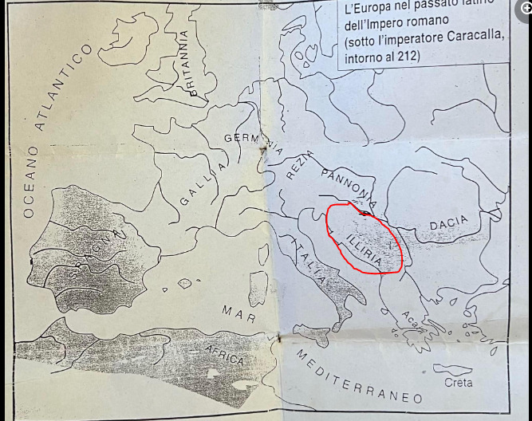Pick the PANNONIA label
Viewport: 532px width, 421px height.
tap(349, 184)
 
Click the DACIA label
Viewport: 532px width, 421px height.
tap(448, 226)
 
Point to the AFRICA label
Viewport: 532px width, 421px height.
tap(224, 354)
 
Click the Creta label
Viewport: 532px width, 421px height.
tap(458, 383)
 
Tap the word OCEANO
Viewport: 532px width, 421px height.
tap(30, 181)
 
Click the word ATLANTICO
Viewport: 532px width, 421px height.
tap(63, 87)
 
